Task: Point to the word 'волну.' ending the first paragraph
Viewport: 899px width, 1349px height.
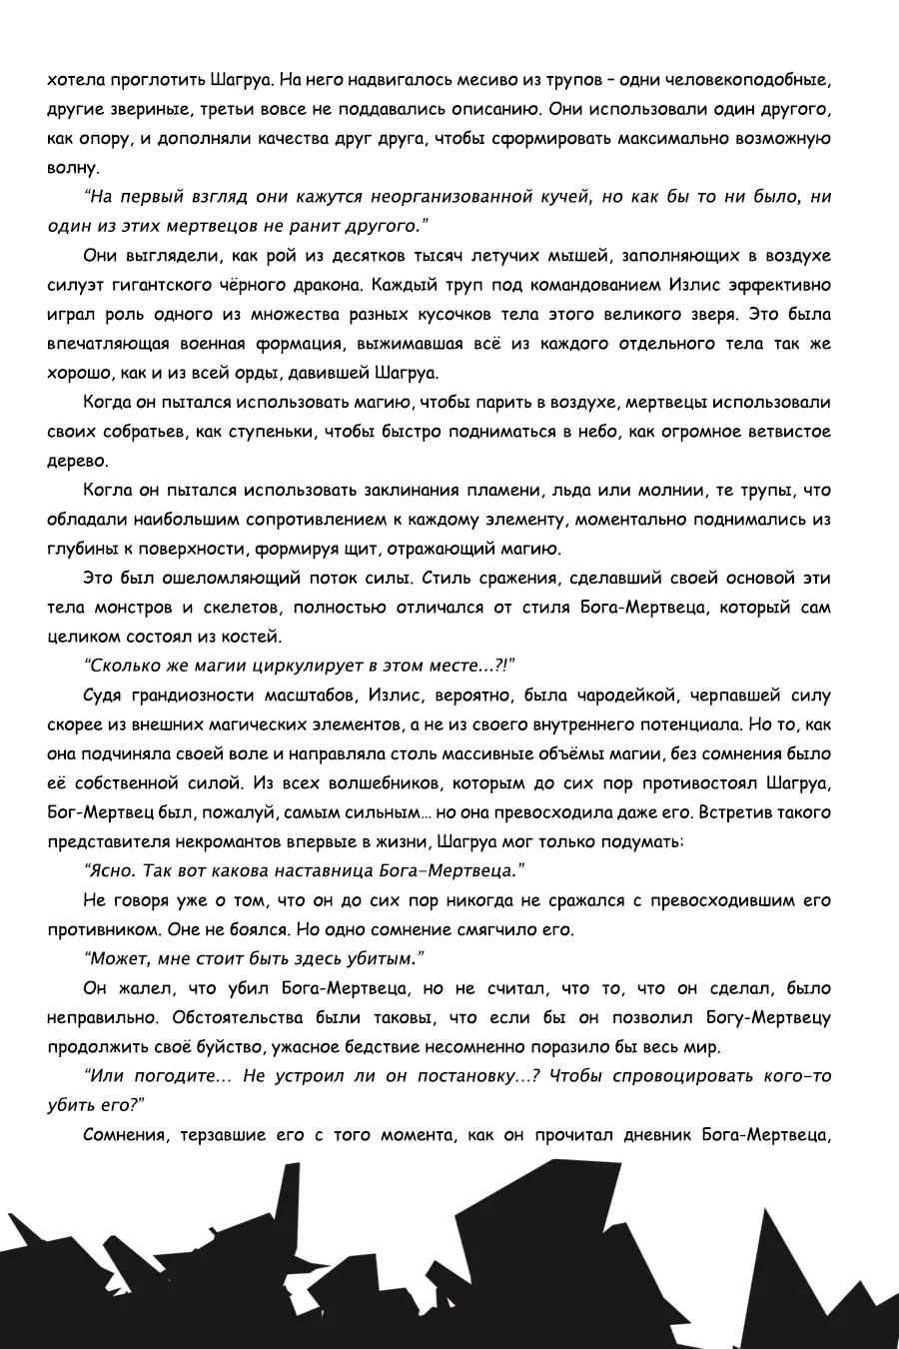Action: [74, 167]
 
